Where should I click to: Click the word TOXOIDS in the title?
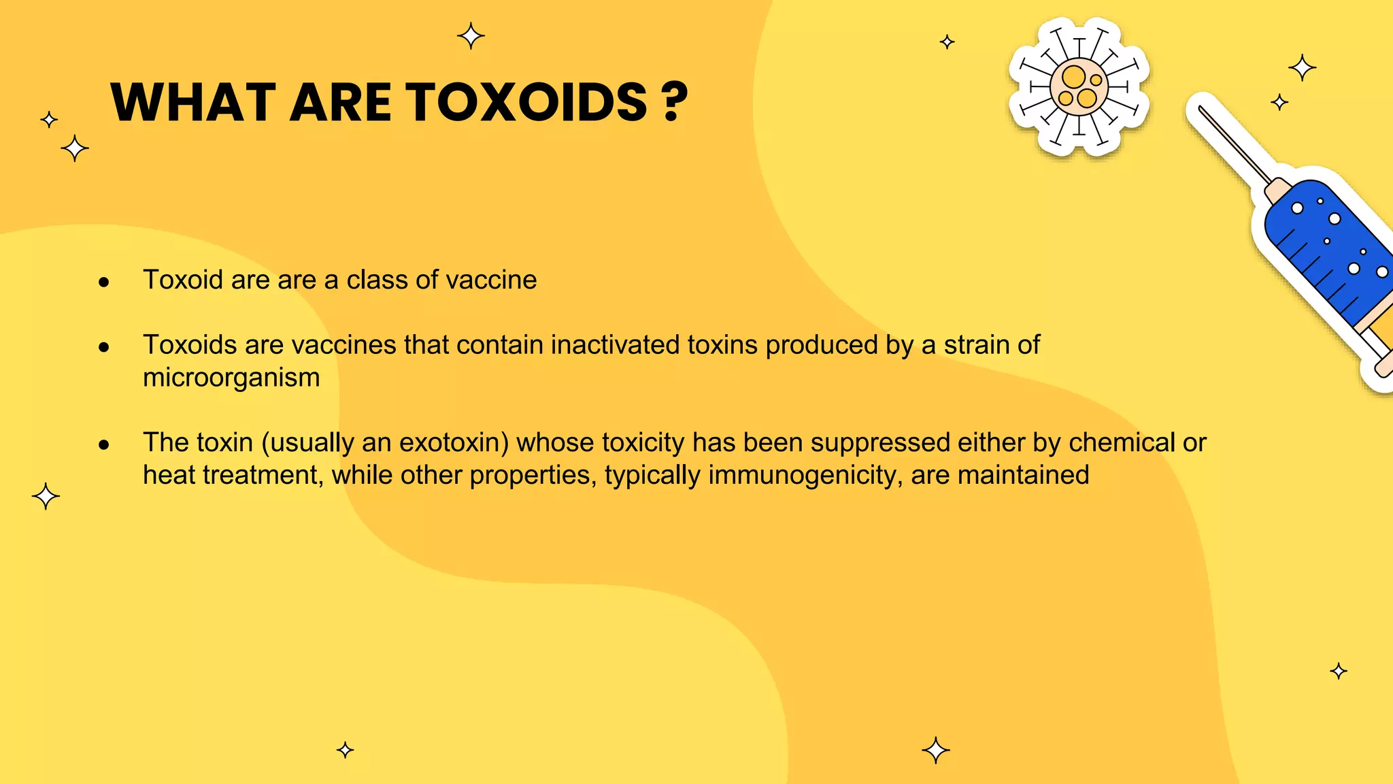pyautogui.click(x=527, y=103)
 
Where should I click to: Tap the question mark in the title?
pyautogui.click(x=673, y=103)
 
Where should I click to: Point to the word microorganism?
pyautogui.click(x=231, y=378)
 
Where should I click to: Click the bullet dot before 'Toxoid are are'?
pyautogui.click(x=104, y=282)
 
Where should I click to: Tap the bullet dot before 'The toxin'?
pyautogui.click(x=104, y=445)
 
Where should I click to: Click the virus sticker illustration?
pyautogui.click(x=1079, y=87)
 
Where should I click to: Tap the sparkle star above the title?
pyautogui.click(x=471, y=35)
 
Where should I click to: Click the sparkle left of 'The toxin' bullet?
pyautogui.click(x=46, y=496)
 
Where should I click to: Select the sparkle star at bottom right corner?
pyautogui.click(x=1339, y=671)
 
